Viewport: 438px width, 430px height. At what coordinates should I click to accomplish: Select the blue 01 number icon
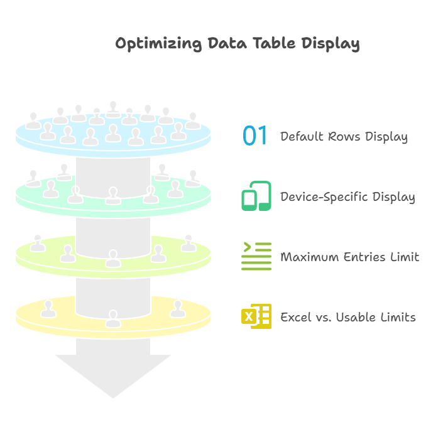(256, 136)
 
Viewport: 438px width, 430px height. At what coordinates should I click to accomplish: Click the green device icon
(256, 196)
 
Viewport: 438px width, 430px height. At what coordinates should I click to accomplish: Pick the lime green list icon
(256, 256)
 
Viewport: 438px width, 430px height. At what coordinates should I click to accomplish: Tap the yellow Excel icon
(256, 316)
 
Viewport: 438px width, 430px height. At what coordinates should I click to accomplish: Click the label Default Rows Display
(344, 137)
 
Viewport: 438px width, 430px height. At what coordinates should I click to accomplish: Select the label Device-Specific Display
(348, 197)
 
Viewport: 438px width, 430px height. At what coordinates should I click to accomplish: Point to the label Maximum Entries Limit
(349, 257)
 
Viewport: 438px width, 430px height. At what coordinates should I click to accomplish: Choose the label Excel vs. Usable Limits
(348, 317)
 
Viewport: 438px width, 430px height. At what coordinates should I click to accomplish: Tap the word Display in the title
(331, 44)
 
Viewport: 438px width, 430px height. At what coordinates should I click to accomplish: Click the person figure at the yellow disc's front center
(113, 318)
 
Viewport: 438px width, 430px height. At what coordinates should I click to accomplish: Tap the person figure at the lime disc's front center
(113, 258)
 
